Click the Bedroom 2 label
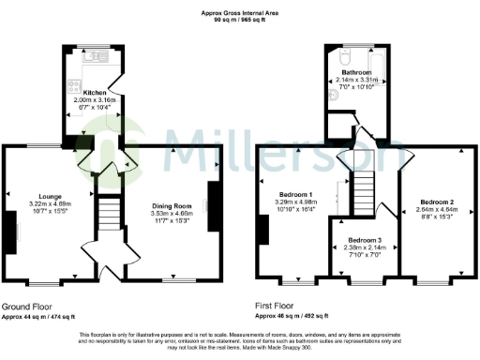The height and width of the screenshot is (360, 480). point(437,202)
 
